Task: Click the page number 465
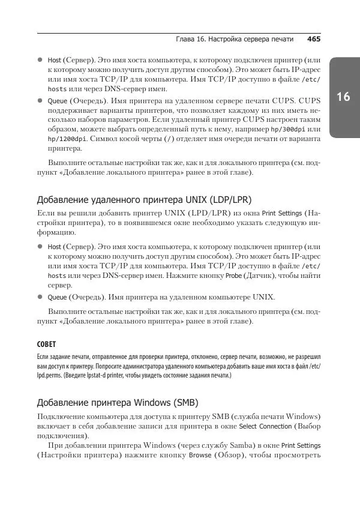click(314, 40)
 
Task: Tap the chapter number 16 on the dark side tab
click(343, 97)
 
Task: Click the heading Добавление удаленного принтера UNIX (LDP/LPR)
click(144, 199)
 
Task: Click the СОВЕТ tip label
click(48, 345)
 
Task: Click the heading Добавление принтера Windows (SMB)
click(118, 402)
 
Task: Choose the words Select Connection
click(265, 426)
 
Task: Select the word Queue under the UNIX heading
click(57, 297)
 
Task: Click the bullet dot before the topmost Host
click(40, 61)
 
